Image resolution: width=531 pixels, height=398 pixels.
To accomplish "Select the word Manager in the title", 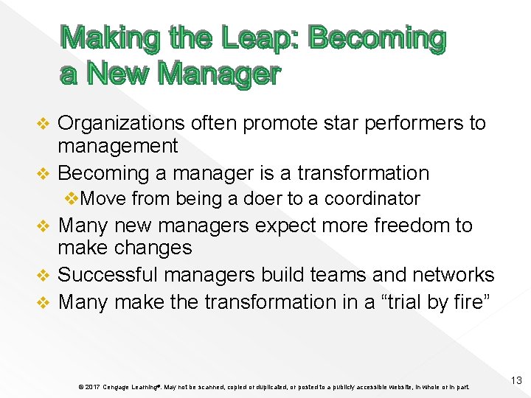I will tap(219, 73).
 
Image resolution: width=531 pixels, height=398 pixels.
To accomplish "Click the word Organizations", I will tap(120, 122).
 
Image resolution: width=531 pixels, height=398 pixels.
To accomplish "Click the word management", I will tap(117, 145).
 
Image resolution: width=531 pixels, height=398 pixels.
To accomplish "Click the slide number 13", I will tap(516, 380).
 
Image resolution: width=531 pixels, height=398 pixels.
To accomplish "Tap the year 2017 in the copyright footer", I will tap(91, 387).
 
